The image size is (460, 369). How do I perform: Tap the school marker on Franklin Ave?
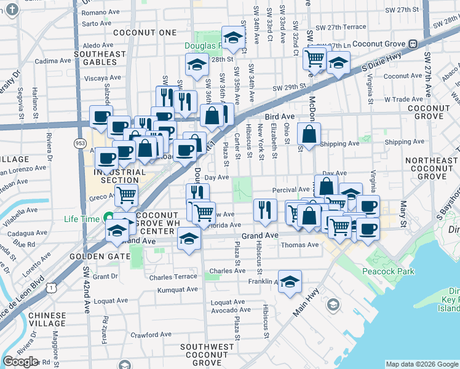(290, 280)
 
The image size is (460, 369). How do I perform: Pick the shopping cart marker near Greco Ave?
(127, 196)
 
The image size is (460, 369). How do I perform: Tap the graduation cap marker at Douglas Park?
(233, 38)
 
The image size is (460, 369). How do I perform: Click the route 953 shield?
(80, 125)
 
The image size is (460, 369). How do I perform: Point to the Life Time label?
(81, 218)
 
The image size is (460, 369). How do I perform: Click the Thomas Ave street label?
(299, 245)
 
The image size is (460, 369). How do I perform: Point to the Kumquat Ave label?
(178, 290)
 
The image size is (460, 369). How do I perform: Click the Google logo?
(20, 362)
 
